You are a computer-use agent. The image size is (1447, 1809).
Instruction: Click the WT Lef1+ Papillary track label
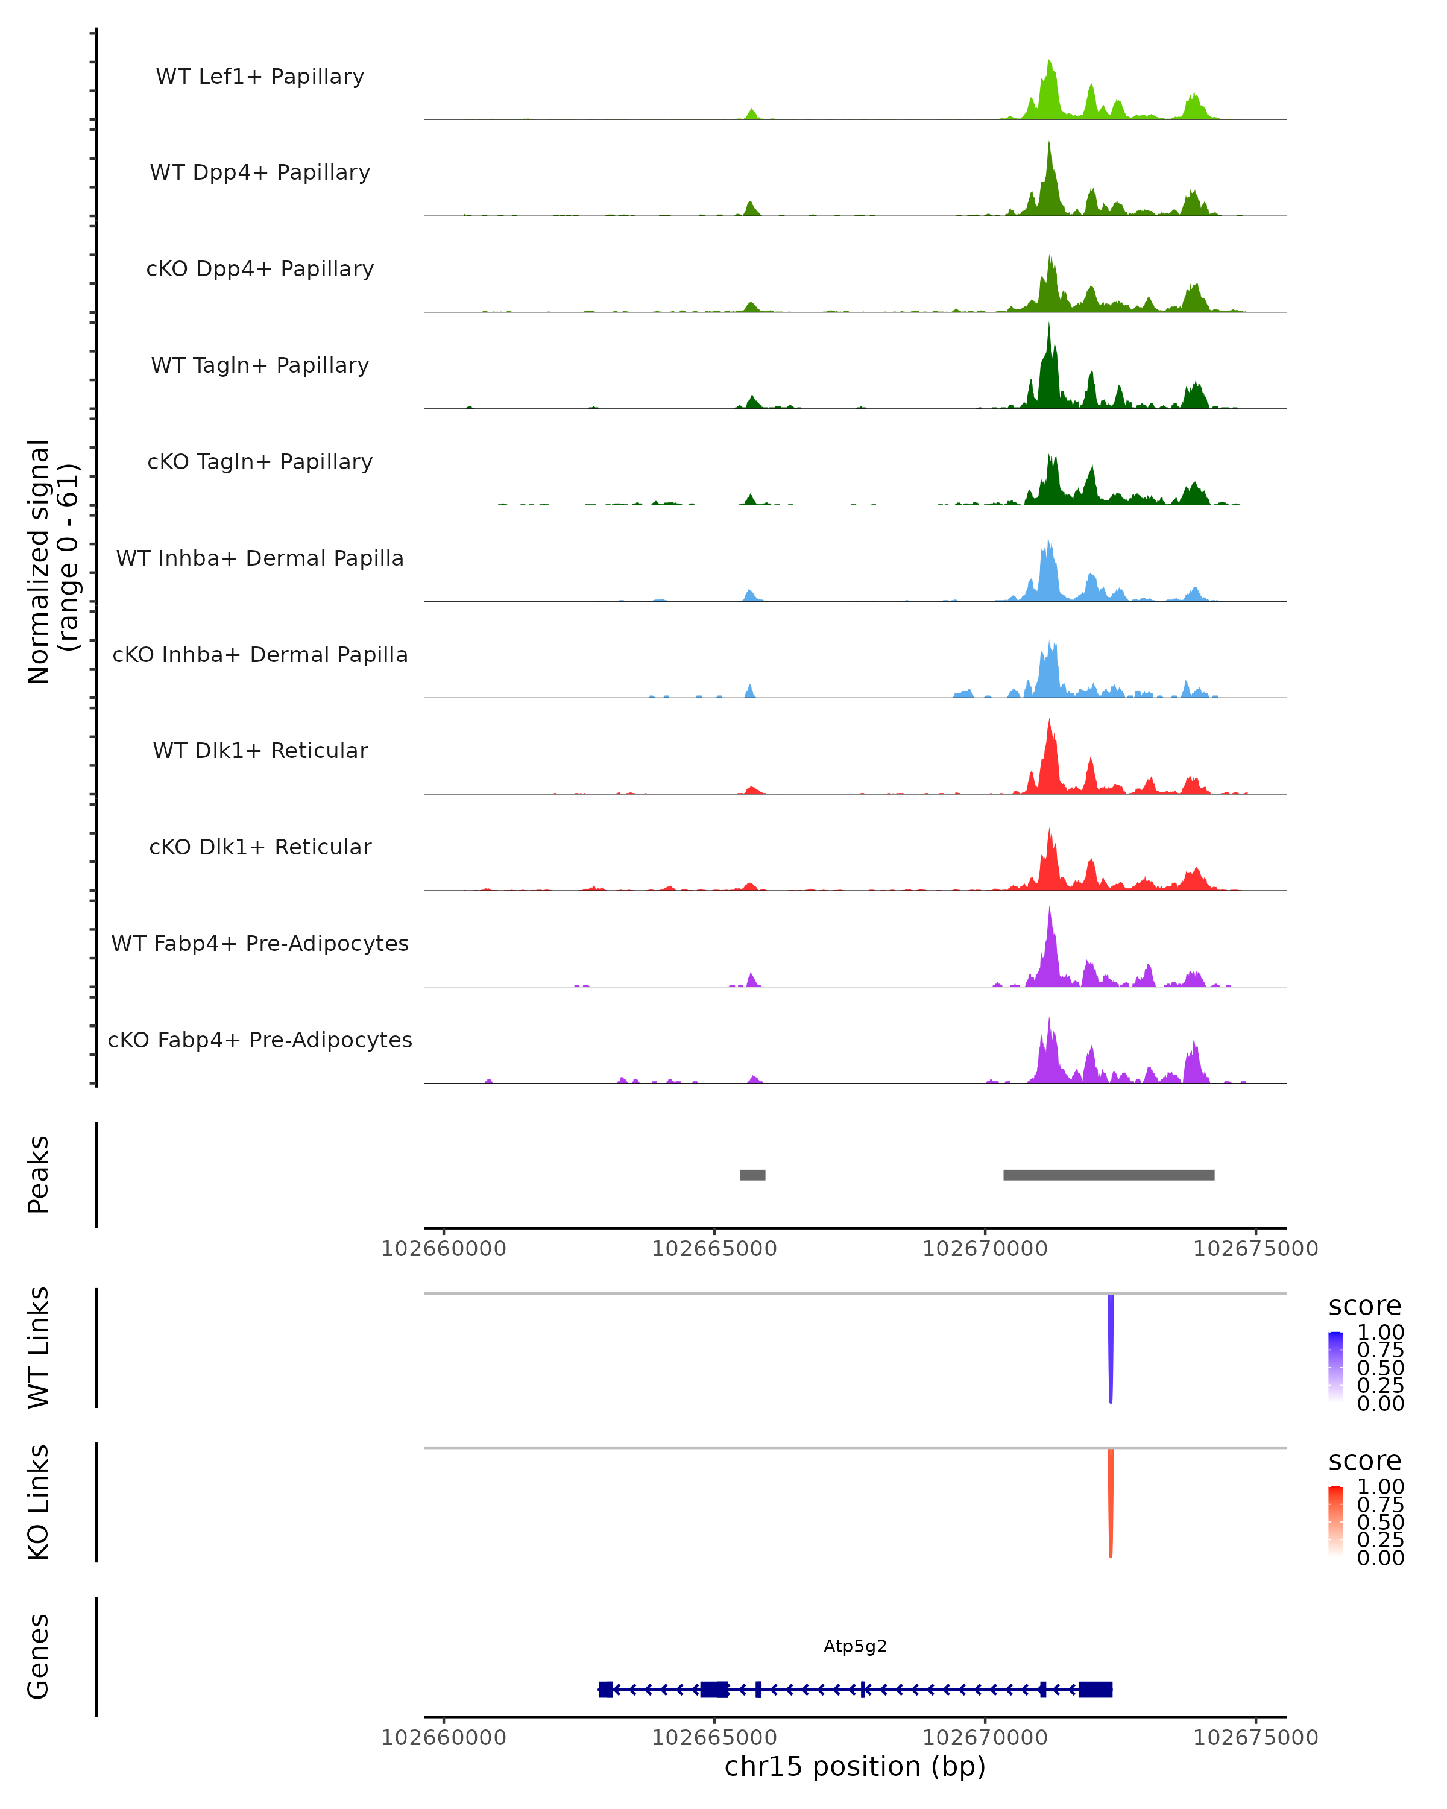(260, 77)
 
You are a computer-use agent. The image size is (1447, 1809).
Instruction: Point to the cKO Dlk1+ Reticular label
(260, 847)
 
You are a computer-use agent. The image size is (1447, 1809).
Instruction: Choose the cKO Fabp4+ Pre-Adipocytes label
(260, 1040)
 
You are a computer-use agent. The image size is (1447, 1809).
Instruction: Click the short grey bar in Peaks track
(752, 1175)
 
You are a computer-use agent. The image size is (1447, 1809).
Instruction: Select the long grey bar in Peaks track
(1108, 1175)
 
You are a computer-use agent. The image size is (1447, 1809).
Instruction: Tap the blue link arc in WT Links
(1111, 1351)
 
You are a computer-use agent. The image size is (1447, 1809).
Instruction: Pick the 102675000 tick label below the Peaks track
(1256, 1249)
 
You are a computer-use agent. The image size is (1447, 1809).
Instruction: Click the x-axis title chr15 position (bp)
(855, 1766)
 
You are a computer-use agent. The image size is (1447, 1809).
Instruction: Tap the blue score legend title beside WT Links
(1365, 1307)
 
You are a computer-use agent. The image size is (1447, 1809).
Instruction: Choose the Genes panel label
(39, 1656)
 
